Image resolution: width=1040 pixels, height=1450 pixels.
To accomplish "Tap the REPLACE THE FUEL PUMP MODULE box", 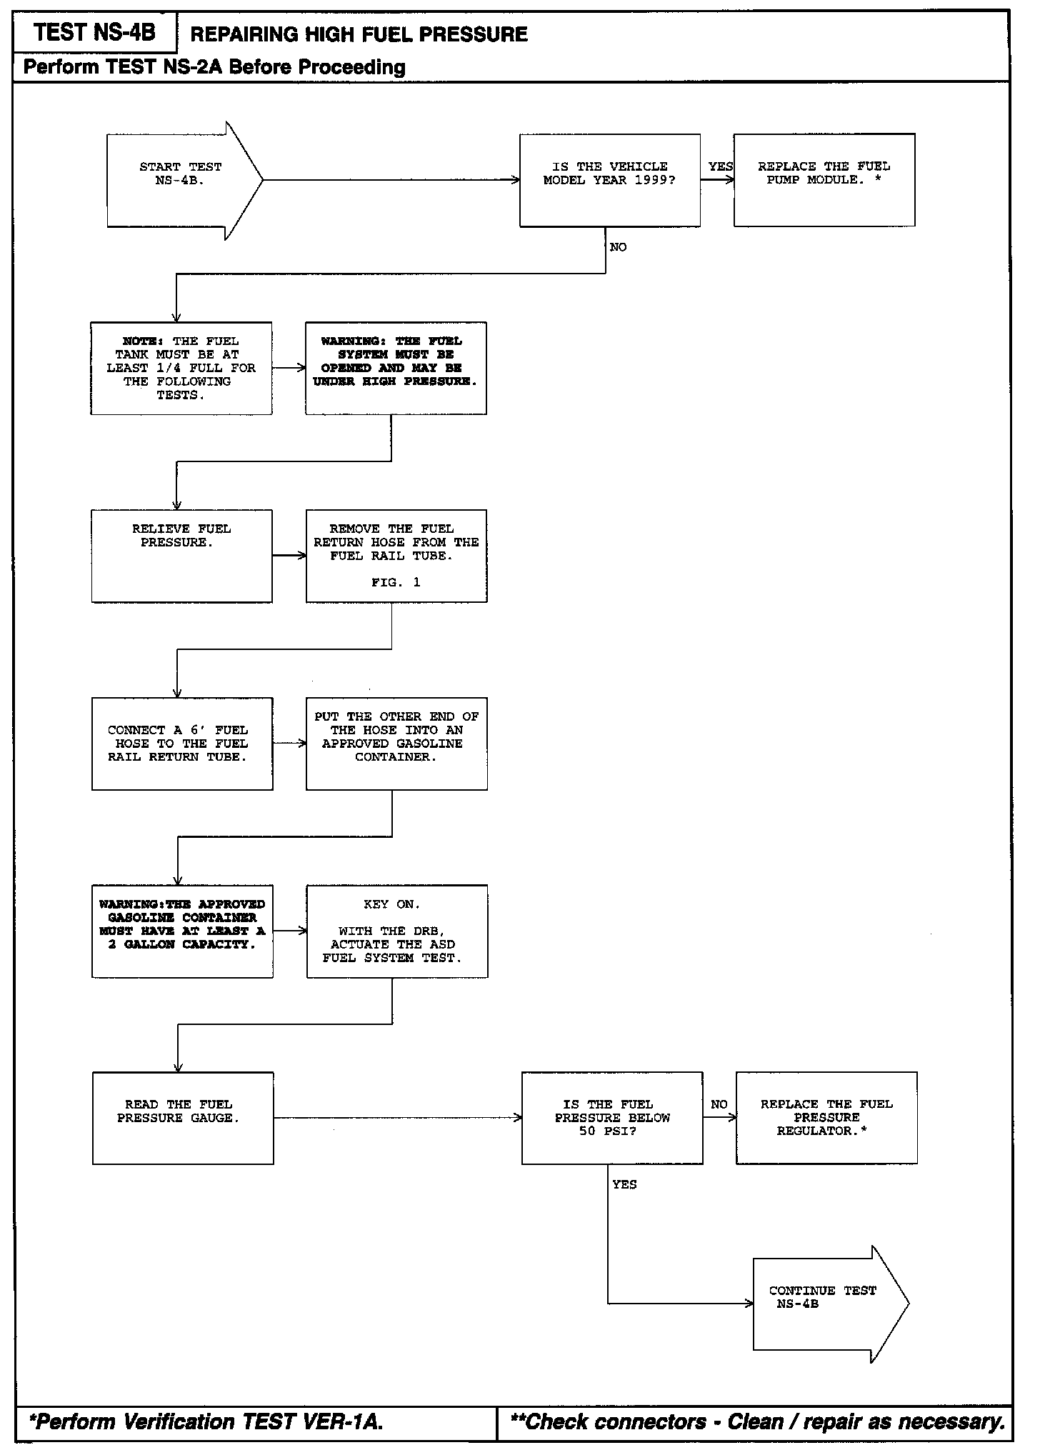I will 824,180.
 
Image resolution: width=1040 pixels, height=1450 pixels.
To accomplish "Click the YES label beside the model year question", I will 720,166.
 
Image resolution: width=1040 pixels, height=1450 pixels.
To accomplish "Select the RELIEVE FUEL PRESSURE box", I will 181,556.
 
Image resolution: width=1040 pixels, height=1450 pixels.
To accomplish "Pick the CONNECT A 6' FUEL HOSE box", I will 182,744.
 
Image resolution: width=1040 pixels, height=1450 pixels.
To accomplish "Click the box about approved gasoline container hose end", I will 396,744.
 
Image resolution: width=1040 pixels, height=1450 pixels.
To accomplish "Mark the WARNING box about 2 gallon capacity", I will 182,931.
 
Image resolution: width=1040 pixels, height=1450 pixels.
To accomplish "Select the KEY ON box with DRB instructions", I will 397,931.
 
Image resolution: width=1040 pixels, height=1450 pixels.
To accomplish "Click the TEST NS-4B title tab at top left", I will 94,33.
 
